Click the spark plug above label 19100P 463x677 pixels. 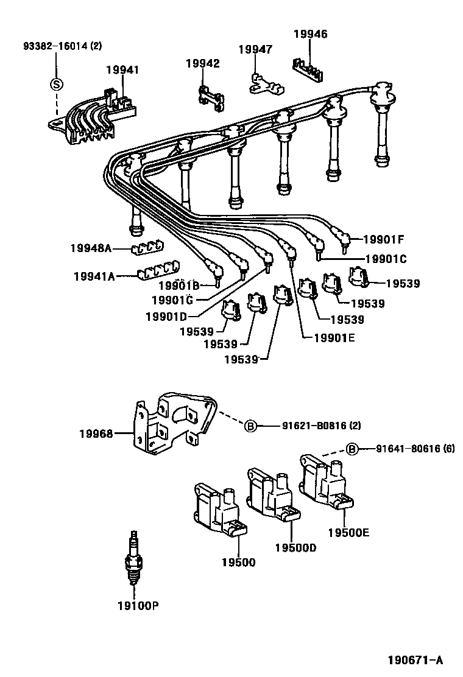point(134,558)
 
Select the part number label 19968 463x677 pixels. point(96,433)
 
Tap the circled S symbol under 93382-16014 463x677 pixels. point(57,84)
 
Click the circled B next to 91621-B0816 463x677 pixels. point(250,426)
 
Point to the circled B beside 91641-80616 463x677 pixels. point(353,449)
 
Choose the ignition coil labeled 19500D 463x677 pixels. point(273,495)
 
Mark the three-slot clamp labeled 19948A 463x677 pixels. point(147,248)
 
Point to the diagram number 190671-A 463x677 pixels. point(415,660)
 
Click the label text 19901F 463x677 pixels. point(384,239)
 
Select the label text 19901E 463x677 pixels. point(334,338)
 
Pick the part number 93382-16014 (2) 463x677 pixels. point(63,45)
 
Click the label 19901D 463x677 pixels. point(166,317)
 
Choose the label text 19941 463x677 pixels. point(122,69)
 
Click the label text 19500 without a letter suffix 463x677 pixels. point(238,562)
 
